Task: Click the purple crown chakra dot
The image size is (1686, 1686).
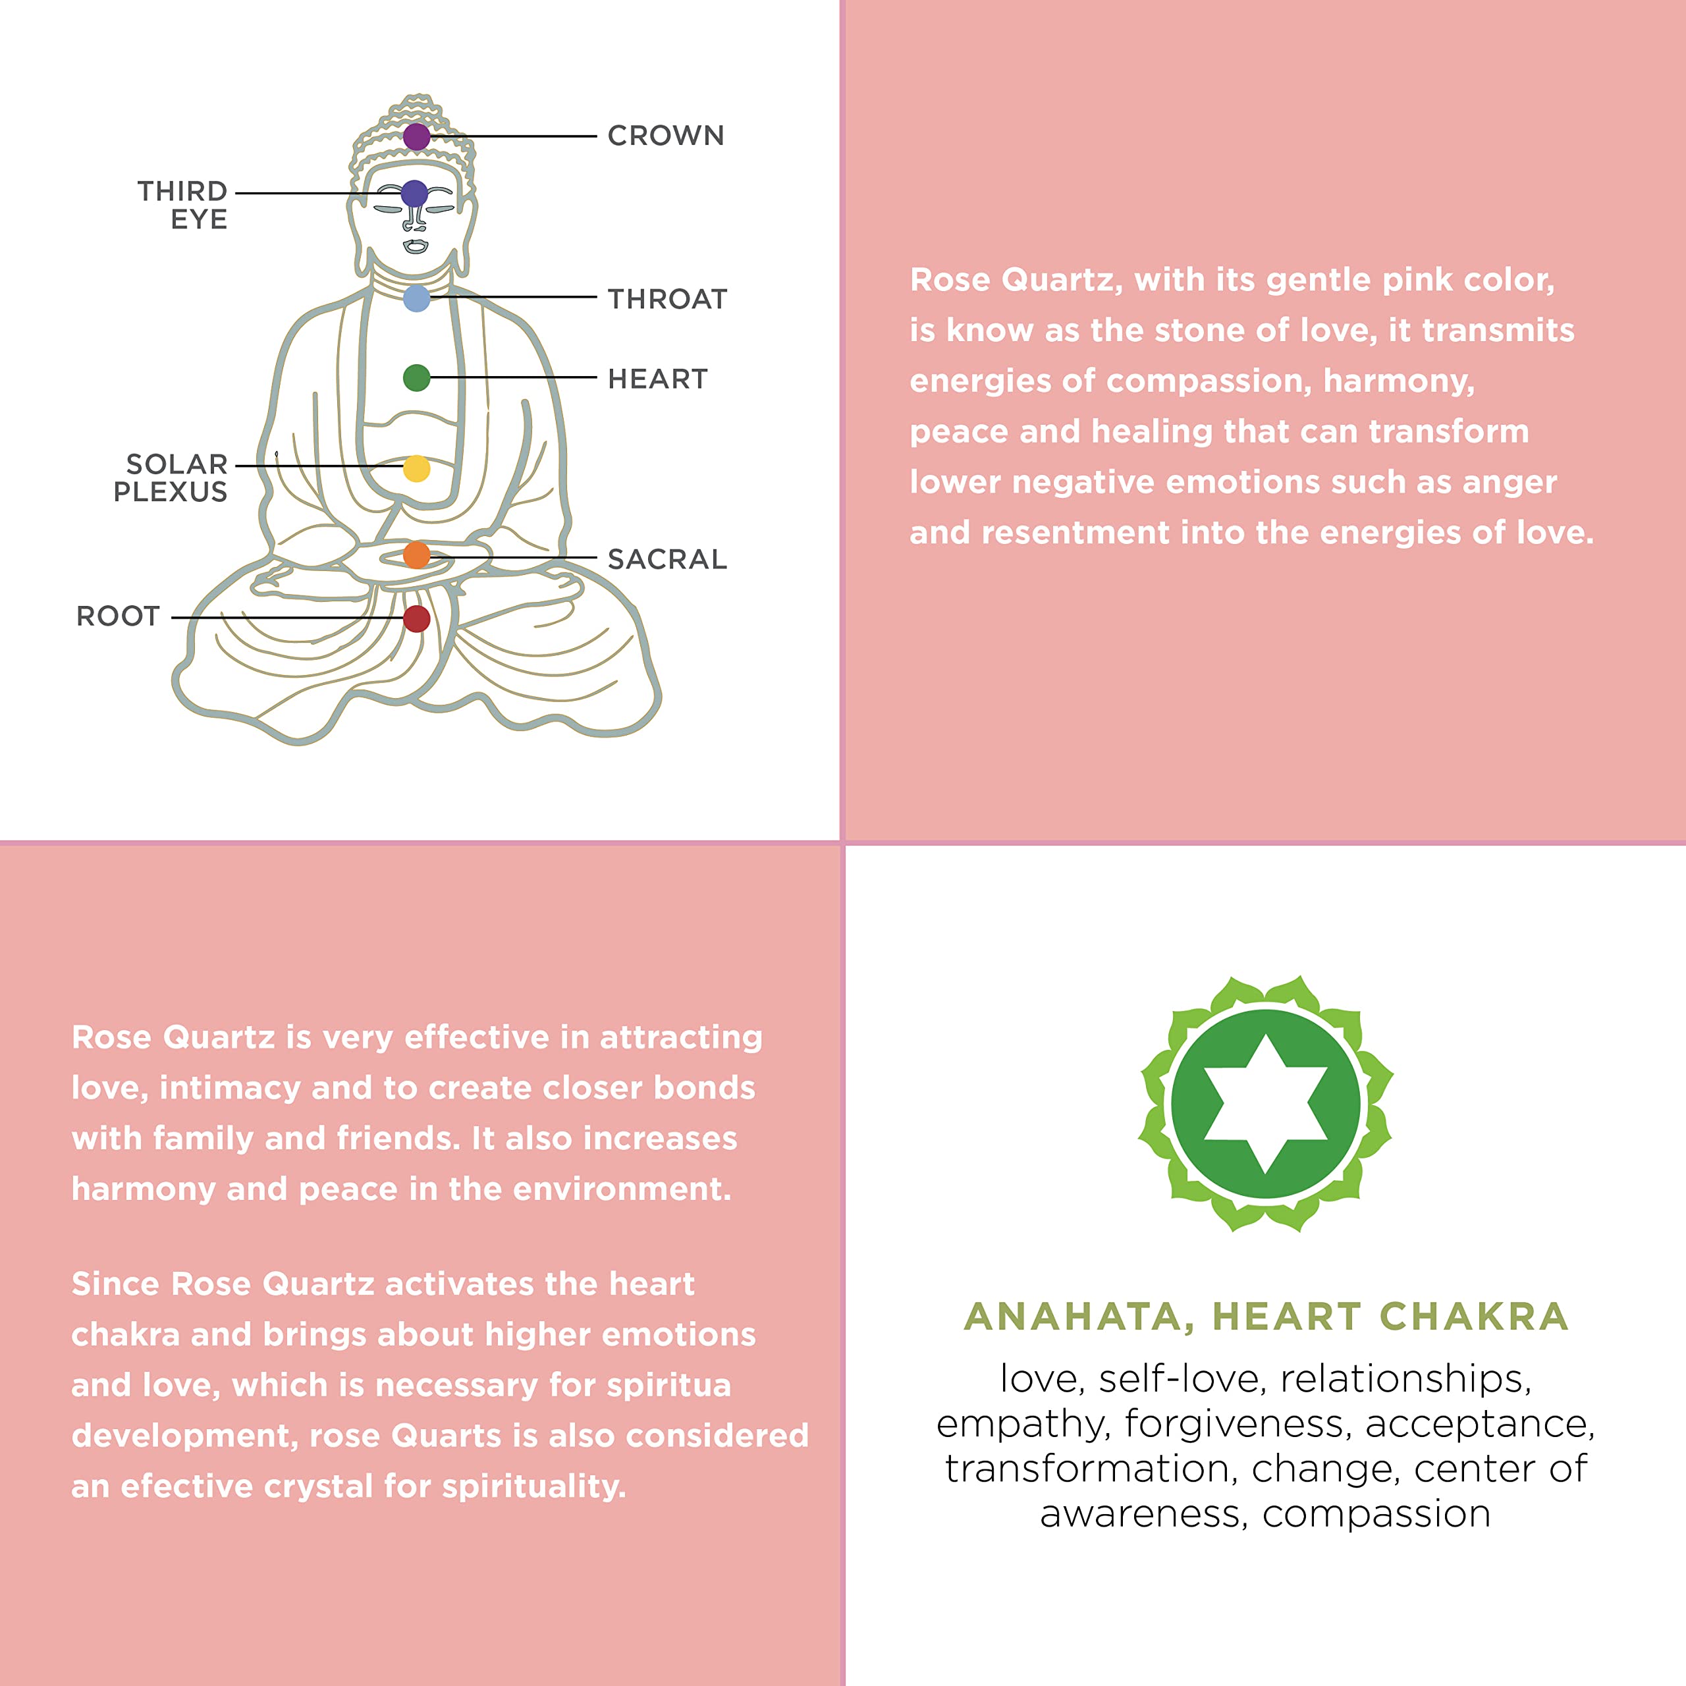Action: point(416,136)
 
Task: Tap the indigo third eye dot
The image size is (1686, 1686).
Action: point(414,193)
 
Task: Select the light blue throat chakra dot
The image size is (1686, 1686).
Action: point(417,298)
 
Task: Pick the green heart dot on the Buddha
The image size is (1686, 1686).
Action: point(416,378)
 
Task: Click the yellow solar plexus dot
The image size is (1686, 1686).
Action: point(416,469)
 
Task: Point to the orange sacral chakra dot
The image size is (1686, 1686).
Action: point(416,554)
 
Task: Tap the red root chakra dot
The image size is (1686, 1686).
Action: point(416,618)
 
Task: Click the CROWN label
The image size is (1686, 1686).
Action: point(666,136)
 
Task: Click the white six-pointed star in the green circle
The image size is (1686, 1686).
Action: point(1265,1104)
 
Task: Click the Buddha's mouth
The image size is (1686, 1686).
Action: point(416,245)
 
